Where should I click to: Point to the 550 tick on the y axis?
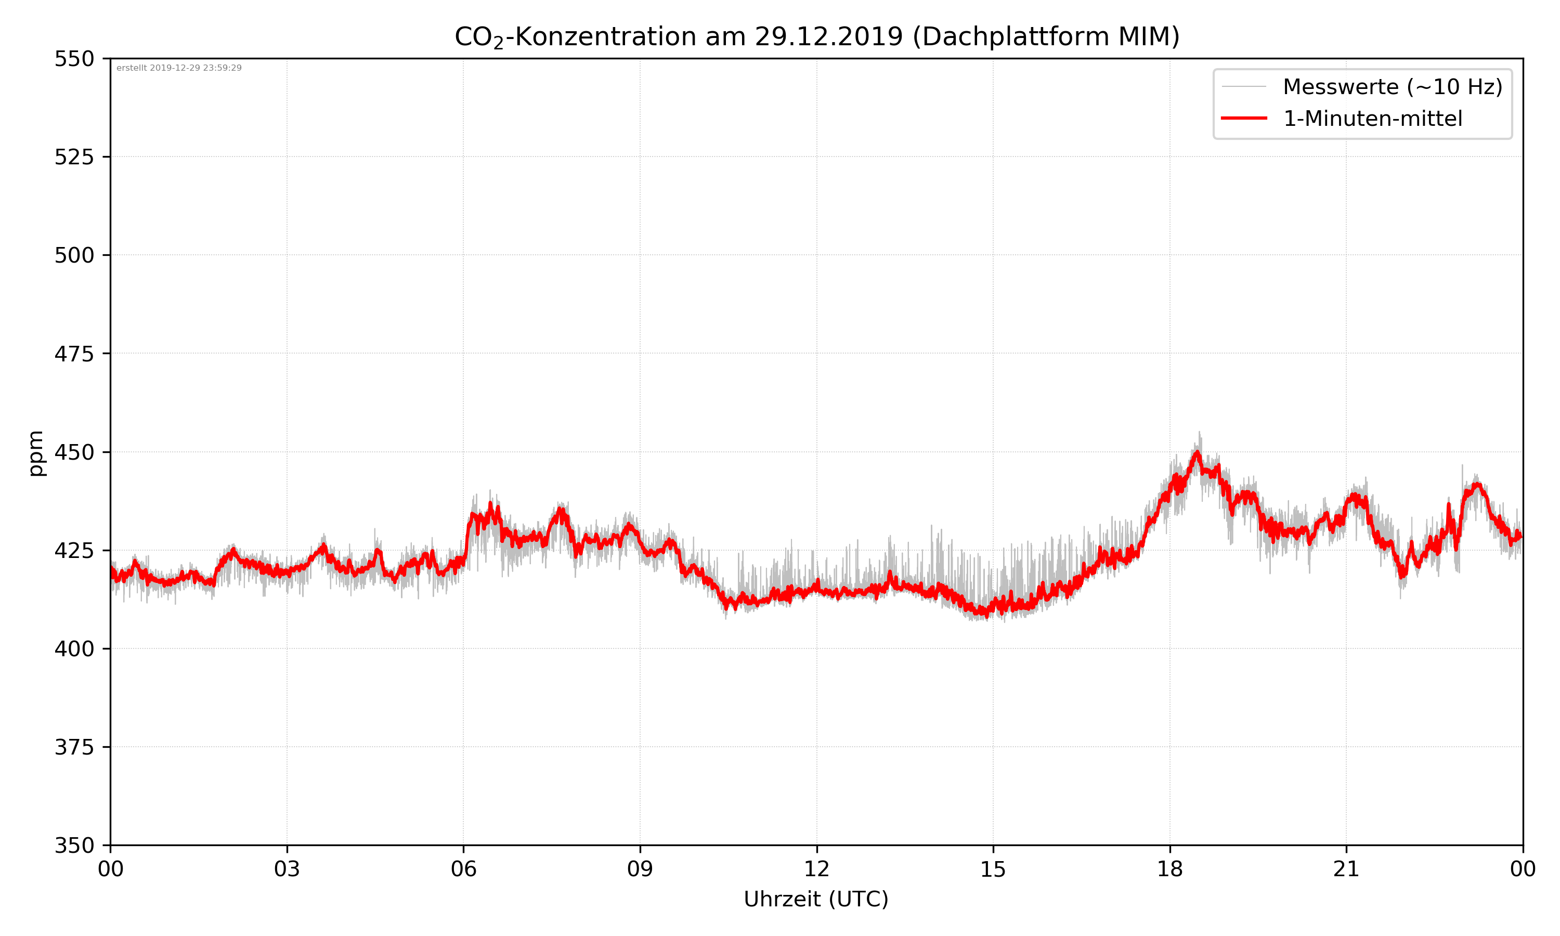click(x=74, y=59)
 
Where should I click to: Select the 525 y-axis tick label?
click(x=74, y=157)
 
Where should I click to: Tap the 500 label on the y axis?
click(x=74, y=255)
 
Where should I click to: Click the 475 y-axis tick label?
click(x=74, y=354)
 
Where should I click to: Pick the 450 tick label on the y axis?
click(x=74, y=452)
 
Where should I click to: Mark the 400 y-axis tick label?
click(x=74, y=649)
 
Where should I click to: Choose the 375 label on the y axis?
click(x=74, y=747)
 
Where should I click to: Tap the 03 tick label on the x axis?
click(x=287, y=869)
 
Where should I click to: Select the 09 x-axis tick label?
click(x=640, y=869)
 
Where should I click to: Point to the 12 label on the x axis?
click(x=816, y=869)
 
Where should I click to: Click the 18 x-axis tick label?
click(x=1169, y=869)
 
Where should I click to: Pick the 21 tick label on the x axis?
click(x=1346, y=869)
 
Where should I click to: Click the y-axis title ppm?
click(x=36, y=453)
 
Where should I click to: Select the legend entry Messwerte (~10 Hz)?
click(x=1392, y=87)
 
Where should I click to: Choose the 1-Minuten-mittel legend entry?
click(x=1372, y=119)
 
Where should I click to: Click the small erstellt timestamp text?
click(x=179, y=68)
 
